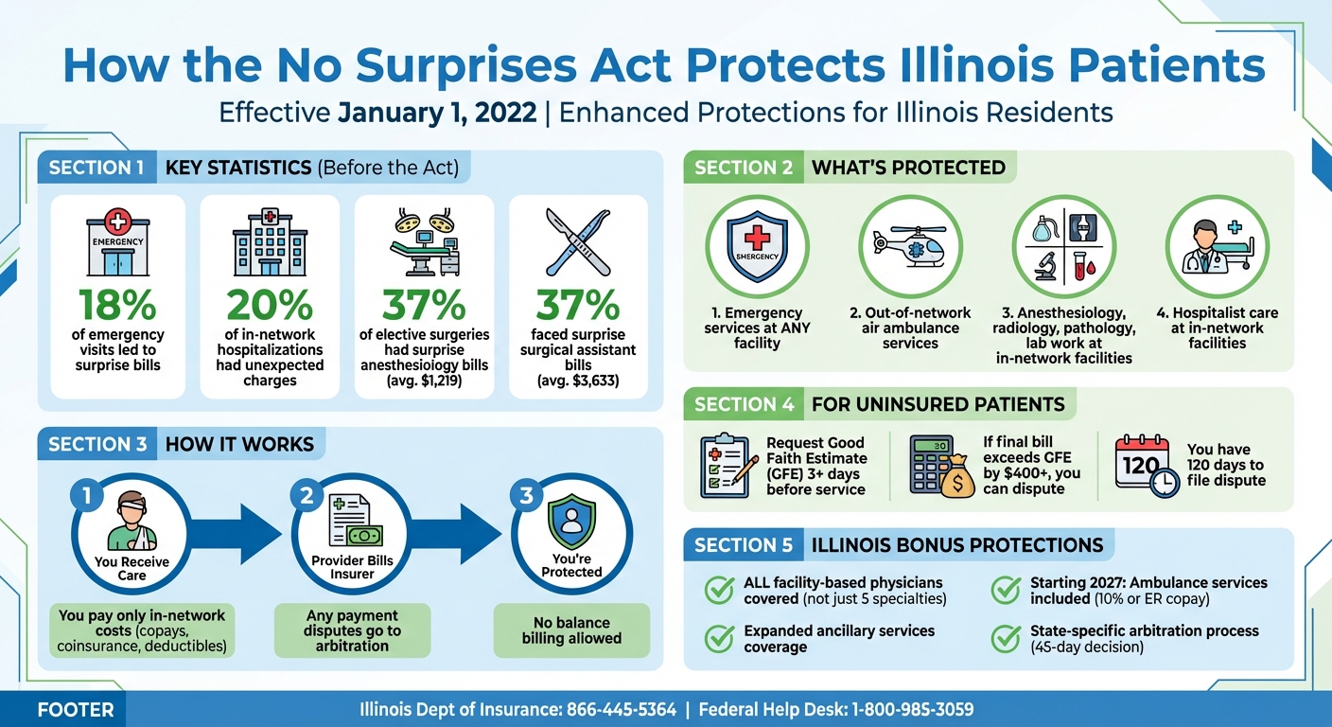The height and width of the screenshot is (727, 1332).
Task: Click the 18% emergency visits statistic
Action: tap(117, 305)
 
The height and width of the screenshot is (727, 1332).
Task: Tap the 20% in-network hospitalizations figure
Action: tap(270, 305)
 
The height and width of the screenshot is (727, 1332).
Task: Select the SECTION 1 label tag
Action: tap(96, 168)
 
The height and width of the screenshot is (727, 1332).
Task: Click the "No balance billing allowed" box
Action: tap(571, 629)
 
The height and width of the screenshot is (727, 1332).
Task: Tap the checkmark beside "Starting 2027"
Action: tap(1006, 590)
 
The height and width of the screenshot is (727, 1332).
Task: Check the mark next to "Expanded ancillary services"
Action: tap(720, 638)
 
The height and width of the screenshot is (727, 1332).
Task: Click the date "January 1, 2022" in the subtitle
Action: tap(440, 113)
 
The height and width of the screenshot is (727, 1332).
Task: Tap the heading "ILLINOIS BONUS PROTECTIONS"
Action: tap(957, 545)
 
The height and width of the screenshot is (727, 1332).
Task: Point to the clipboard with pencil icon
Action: tap(727, 465)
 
